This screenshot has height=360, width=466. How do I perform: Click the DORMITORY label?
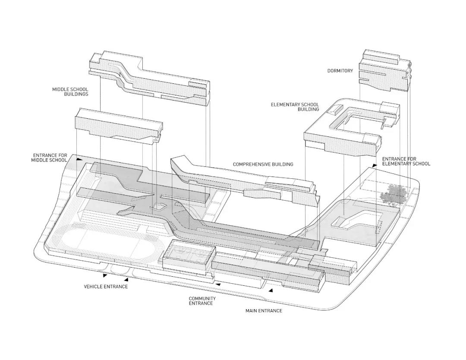pyautogui.click(x=340, y=71)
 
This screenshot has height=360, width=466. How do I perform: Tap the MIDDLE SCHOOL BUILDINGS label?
pyautogui.click(x=70, y=92)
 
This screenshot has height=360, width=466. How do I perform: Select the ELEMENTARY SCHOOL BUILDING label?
pyautogui.click(x=295, y=107)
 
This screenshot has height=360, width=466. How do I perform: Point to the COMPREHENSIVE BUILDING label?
pyautogui.click(x=263, y=164)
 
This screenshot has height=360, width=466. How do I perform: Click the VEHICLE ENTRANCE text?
pyautogui.click(x=106, y=287)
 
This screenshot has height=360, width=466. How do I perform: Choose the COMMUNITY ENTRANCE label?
pyautogui.click(x=202, y=301)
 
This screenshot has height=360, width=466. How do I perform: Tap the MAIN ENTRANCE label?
pyautogui.click(x=264, y=311)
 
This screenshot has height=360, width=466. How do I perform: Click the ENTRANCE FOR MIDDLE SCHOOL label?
pyautogui.click(x=50, y=158)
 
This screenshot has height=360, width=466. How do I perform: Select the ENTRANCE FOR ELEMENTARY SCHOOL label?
pyautogui.click(x=406, y=161)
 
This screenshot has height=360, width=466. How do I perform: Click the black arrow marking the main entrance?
pyautogui.click(x=271, y=291)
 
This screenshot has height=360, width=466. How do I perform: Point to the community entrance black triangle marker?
pyautogui.click(x=218, y=284)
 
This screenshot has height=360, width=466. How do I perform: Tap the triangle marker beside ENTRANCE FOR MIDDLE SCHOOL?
pyautogui.click(x=79, y=159)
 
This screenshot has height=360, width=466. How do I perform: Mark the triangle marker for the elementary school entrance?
pyautogui.click(x=375, y=165)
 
